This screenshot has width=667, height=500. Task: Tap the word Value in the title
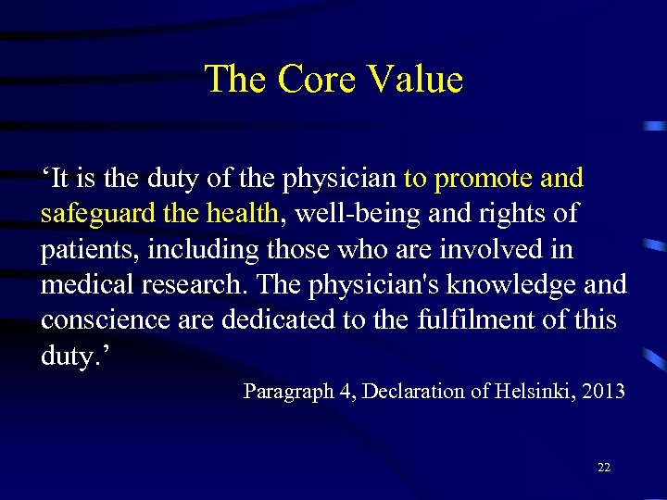point(415,80)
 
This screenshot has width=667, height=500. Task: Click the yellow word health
point(242,214)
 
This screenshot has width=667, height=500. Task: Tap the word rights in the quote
point(513,214)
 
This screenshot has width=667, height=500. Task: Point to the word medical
point(80,285)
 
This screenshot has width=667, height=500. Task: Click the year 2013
point(605,392)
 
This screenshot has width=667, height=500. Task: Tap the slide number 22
point(604,468)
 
